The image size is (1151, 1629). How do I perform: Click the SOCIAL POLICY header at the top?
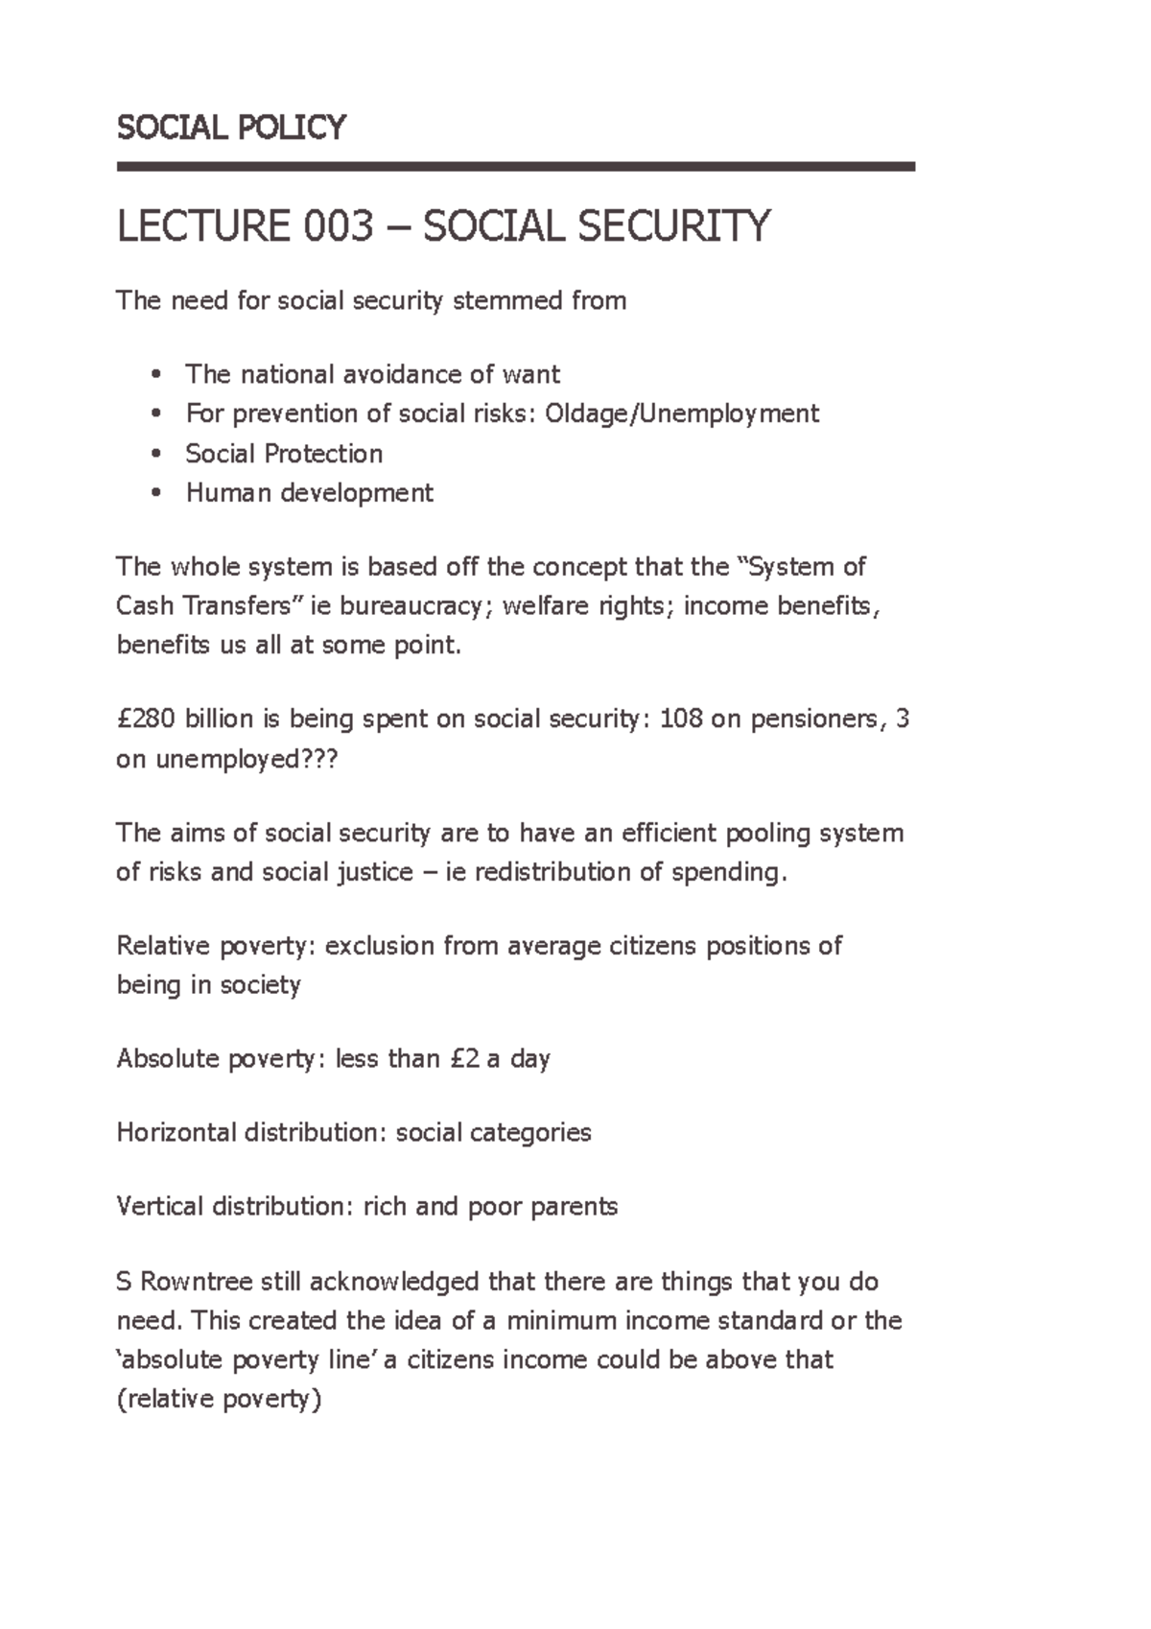tap(230, 128)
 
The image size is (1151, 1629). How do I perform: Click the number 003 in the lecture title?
tap(338, 227)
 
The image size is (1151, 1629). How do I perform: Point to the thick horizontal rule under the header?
tap(515, 167)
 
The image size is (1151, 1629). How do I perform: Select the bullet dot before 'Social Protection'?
tap(156, 454)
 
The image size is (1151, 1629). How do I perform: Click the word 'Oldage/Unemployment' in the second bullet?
tap(681, 413)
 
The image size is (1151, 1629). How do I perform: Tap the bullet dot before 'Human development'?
tap(156, 493)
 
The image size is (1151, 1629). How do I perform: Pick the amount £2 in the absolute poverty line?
tap(463, 1059)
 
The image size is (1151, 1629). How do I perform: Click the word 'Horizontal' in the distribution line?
tap(176, 1133)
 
